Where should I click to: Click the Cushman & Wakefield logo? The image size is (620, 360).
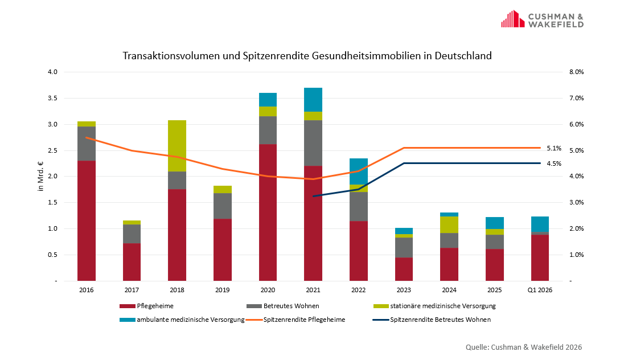(541, 19)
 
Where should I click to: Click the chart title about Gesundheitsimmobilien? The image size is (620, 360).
(307, 56)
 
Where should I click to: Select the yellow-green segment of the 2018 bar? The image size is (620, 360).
(177, 146)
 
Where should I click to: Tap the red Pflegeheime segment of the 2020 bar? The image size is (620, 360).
(268, 212)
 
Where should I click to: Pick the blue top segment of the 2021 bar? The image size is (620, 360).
(313, 100)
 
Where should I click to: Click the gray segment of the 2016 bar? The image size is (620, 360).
(87, 144)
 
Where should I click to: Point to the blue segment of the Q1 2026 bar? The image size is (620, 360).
(540, 224)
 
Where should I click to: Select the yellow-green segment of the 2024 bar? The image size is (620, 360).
(449, 224)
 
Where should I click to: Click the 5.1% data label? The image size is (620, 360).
(553, 148)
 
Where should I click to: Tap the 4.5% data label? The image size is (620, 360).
(553, 163)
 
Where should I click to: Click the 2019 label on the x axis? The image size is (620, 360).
(222, 291)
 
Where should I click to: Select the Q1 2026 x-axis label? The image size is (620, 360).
(540, 291)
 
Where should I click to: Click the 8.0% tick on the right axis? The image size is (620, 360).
(576, 72)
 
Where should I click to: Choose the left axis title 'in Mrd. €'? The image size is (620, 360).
(41, 177)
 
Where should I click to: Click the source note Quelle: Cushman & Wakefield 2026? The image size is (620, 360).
(524, 347)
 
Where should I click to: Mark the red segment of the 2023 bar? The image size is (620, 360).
(404, 269)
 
